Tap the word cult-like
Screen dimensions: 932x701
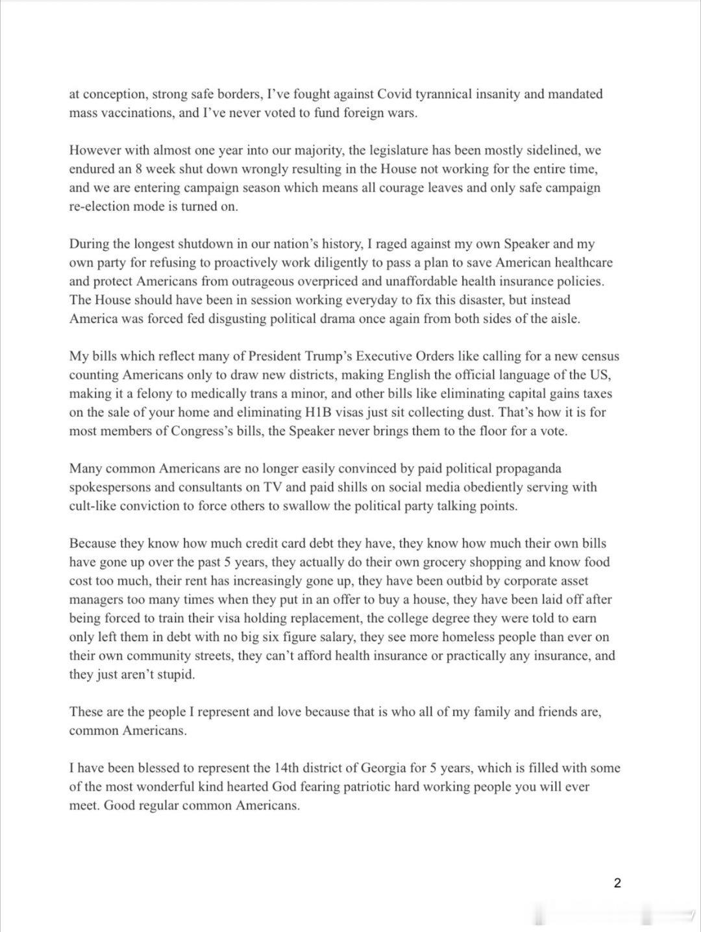(x=96, y=506)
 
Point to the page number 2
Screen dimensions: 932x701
(x=617, y=883)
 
